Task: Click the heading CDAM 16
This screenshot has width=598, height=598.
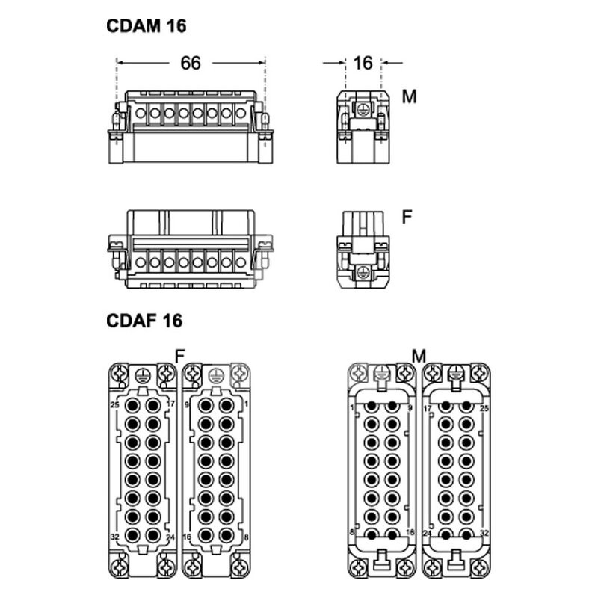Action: click(x=146, y=26)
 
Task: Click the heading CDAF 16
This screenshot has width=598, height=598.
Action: click(x=144, y=321)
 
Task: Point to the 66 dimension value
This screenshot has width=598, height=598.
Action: click(x=191, y=63)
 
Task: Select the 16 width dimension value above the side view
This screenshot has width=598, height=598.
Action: click(x=363, y=63)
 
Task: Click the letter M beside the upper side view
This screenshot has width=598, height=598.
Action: click(x=409, y=96)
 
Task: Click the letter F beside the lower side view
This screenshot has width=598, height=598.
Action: click(x=407, y=217)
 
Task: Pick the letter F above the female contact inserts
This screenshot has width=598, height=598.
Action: click(x=179, y=357)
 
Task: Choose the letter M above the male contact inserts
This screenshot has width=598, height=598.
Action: click(x=419, y=357)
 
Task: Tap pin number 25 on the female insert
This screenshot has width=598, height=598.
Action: click(x=115, y=404)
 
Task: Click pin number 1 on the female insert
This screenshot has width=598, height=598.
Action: click(x=247, y=404)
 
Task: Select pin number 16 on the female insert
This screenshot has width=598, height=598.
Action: click(x=186, y=537)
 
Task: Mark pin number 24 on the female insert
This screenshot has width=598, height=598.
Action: click(x=170, y=537)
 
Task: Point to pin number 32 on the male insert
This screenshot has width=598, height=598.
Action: click(x=484, y=533)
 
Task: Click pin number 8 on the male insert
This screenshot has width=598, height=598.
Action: click(x=352, y=532)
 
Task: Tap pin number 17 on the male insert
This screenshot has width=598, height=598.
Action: click(x=427, y=408)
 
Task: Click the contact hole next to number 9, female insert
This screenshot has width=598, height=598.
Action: click(x=206, y=405)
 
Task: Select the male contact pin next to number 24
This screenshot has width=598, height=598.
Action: click(x=446, y=534)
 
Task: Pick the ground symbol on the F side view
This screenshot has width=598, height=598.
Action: click(x=363, y=272)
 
